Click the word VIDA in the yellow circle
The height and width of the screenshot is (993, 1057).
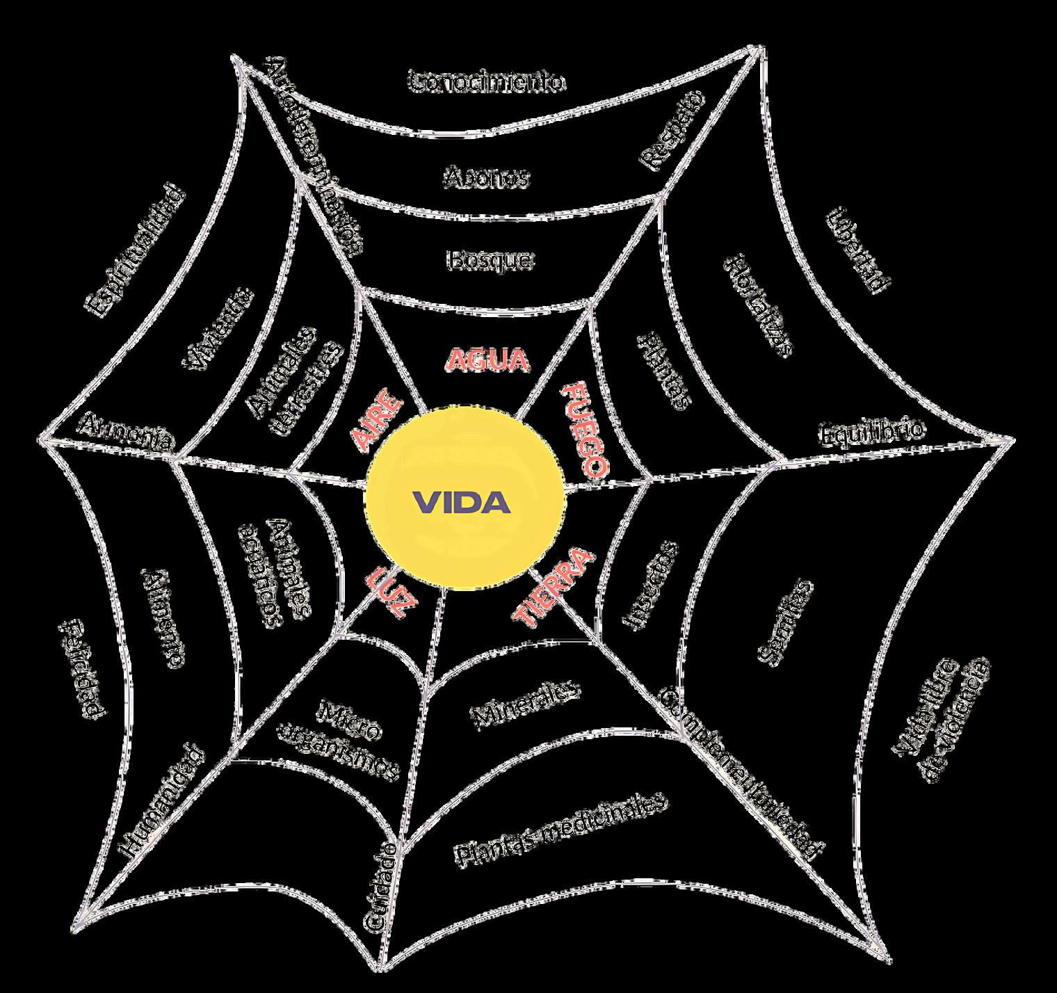[x=462, y=502]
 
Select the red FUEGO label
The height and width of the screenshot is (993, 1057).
[x=585, y=429]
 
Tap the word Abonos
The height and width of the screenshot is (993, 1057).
[x=486, y=177]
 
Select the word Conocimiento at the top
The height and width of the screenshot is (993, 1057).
[x=486, y=82]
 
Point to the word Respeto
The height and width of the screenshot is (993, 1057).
[x=672, y=130]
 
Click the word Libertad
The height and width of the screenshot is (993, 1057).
[x=858, y=250]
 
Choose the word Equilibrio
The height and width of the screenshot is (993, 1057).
[x=872, y=433]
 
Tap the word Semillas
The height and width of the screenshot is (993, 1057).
[x=784, y=620]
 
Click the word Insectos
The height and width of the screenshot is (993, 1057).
[x=649, y=586]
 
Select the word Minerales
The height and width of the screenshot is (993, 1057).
[x=526, y=704]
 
